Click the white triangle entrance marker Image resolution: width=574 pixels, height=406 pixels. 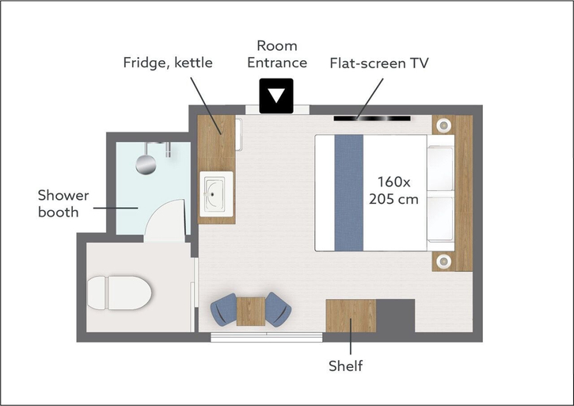click(x=276, y=96)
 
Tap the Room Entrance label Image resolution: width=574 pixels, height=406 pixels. click(x=277, y=54)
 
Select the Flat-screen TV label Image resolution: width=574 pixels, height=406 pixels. click(x=379, y=63)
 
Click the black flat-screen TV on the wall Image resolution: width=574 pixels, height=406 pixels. click(x=372, y=118)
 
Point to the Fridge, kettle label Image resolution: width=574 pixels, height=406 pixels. click(x=168, y=63)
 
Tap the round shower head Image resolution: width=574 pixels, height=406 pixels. click(x=146, y=164)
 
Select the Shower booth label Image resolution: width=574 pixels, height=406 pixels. click(x=63, y=204)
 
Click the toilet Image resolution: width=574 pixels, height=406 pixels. click(x=119, y=293)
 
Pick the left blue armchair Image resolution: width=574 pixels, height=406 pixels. click(x=223, y=309)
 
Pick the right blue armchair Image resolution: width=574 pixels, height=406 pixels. click(x=279, y=309)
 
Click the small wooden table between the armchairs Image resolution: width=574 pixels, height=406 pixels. click(x=251, y=312)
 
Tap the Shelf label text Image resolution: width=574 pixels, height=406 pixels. click(x=345, y=366)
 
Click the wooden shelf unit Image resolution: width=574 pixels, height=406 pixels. click(x=351, y=316)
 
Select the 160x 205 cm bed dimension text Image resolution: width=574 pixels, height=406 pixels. click(x=393, y=190)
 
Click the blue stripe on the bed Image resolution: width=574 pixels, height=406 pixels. click(x=349, y=193)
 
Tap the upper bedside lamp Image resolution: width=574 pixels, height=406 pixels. click(x=443, y=125)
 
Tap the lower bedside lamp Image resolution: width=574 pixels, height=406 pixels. click(x=443, y=261)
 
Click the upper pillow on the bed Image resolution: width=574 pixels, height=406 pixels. click(x=440, y=167)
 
